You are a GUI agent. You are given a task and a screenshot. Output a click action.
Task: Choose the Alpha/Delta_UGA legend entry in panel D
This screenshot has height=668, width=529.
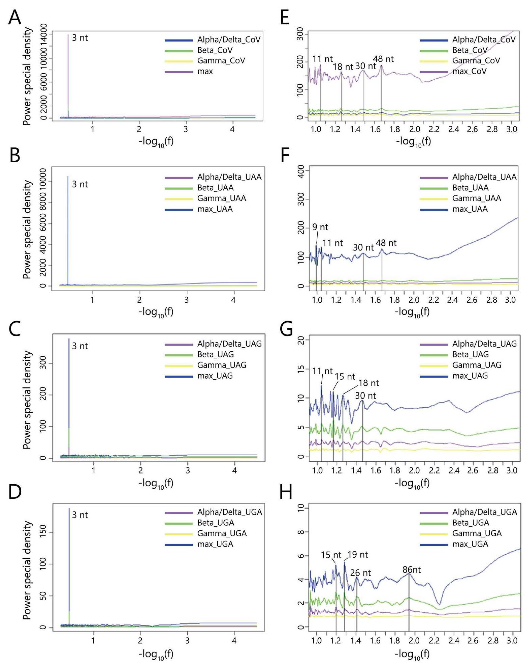click(x=230, y=512)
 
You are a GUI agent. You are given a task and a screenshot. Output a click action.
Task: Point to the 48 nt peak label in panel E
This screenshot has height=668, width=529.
click(x=383, y=59)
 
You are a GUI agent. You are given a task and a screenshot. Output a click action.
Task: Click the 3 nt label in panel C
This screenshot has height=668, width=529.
click(x=80, y=346)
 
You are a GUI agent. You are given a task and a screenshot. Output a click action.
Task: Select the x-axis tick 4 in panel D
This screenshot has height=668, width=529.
click(x=234, y=647)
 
